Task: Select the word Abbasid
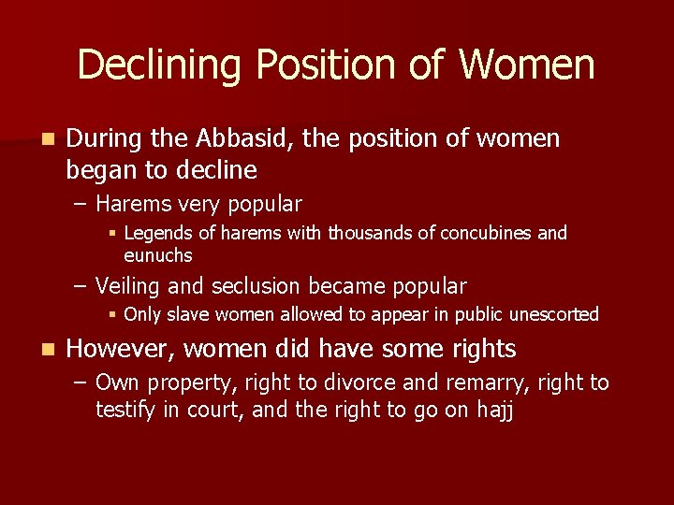click(246, 139)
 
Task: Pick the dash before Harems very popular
click(82, 204)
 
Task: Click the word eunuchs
click(158, 255)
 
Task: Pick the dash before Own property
click(82, 382)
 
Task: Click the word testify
click(126, 410)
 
